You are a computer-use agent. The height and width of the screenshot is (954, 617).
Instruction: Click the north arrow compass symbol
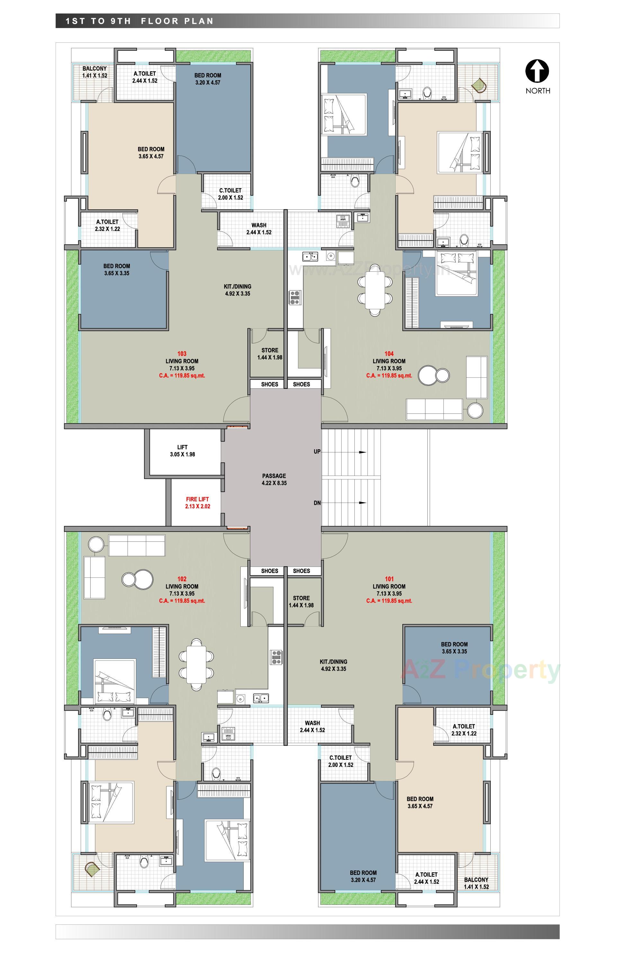(x=537, y=71)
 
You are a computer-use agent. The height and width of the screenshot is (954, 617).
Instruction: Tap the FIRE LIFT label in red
(x=198, y=503)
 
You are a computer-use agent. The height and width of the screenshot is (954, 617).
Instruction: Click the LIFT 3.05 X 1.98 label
(x=182, y=450)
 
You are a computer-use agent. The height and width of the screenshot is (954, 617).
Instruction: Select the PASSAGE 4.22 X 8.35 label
(x=274, y=479)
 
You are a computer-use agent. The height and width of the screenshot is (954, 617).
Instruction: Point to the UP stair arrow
(x=362, y=452)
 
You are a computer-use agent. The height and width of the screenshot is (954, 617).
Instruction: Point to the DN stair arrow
(x=362, y=503)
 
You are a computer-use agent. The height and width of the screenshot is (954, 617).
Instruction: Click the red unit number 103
(x=182, y=354)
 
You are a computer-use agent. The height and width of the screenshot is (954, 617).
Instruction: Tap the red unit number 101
(x=389, y=579)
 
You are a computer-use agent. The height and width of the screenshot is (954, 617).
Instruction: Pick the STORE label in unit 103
(x=270, y=354)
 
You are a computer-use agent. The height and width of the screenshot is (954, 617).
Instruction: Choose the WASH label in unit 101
(x=312, y=726)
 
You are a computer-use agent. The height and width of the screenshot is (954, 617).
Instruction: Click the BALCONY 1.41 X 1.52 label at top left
(x=94, y=72)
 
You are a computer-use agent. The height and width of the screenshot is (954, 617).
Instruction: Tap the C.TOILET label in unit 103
(x=230, y=194)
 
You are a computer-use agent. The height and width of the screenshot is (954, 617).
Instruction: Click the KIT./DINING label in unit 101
(x=333, y=665)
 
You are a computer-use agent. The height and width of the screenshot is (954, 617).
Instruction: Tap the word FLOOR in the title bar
(x=159, y=21)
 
